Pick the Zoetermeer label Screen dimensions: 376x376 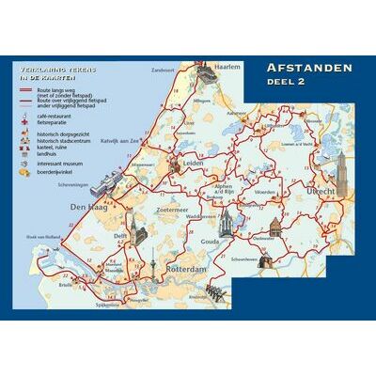pos(173,202)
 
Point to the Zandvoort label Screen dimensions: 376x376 pos(163,70)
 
